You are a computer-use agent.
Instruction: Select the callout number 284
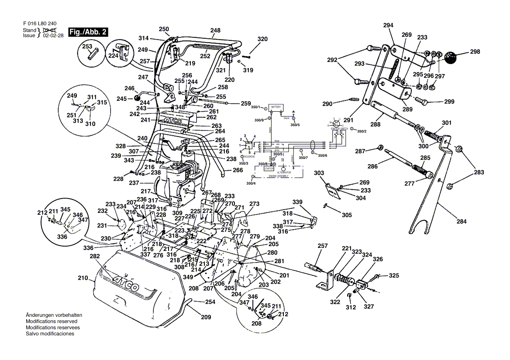pos(461,222)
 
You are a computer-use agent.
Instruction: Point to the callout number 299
pos(449,102)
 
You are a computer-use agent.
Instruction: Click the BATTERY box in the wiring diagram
pos(276,107)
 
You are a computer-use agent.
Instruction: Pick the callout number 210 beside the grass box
pos(83,278)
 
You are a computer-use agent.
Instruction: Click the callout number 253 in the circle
pos(87,46)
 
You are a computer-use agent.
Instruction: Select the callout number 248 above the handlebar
pos(215,31)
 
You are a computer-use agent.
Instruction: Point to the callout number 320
pos(262,39)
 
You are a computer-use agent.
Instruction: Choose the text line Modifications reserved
pos(50,321)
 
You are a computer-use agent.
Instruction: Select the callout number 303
pos(319,173)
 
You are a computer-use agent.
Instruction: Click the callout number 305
pos(346,215)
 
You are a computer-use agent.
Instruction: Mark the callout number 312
pos(351,307)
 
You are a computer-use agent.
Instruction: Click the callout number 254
pos(210,302)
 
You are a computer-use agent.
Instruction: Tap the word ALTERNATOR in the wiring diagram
pos(284,172)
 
